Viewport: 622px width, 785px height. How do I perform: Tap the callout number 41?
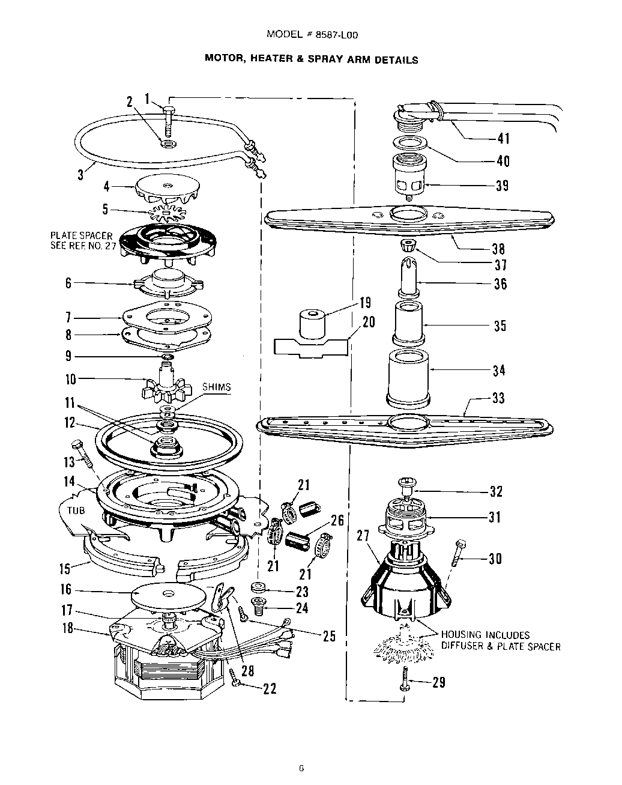503,139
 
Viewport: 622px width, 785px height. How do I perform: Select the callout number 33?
498,398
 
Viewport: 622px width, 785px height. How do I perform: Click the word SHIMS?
216,387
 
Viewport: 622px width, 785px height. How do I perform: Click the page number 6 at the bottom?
301,768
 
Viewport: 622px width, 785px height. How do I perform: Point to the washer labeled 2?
165,144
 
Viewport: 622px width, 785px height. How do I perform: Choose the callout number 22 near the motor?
270,689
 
